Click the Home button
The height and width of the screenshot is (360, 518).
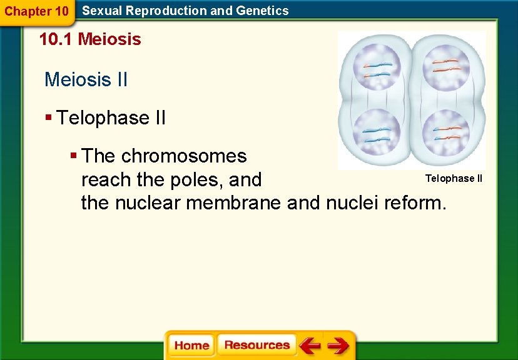click(x=191, y=345)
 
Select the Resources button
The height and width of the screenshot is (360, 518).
click(x=256, y=345)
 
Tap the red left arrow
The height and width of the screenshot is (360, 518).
click(x=309, y=345)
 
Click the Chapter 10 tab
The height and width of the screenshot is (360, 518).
click(x=36, y=11)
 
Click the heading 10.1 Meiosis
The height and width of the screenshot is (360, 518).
click(x=90, y=39)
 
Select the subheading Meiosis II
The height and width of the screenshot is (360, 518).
click(x=86, y=79)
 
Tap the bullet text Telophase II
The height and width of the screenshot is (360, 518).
click(x=111, y=117)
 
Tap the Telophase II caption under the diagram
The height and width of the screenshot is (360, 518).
click(x=454, y=179)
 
